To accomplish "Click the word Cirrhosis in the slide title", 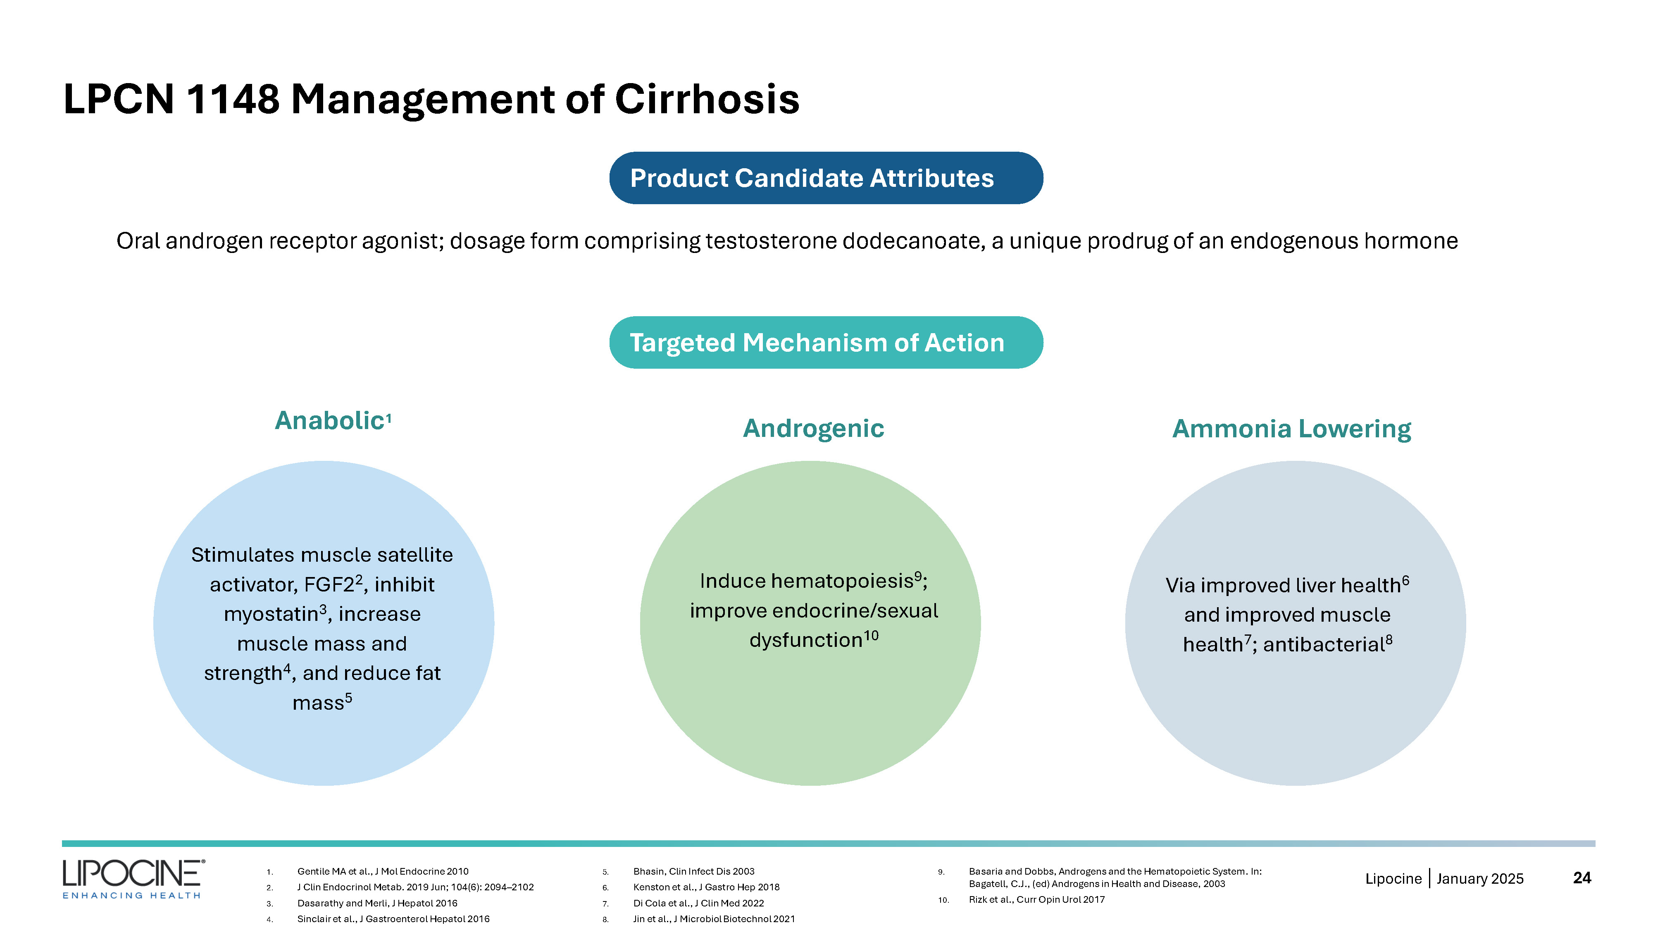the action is tap(707, 100).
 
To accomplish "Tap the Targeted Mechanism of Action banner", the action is tap(826, 342).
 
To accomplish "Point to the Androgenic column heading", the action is tap(813, 429).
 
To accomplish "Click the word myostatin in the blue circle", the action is tap(271, 614).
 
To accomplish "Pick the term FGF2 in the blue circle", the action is tap(329, 585).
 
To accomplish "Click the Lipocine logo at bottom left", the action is tap(133, 879).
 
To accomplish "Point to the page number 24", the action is tap(1582, 878).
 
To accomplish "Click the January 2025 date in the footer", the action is tap(1480, 879).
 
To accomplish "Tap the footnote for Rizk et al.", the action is tap(1036, 899).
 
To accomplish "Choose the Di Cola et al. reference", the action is tap(698, 903).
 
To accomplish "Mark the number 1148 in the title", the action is tap(233, 100).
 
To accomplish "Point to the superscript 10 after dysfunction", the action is tap(871, 635).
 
